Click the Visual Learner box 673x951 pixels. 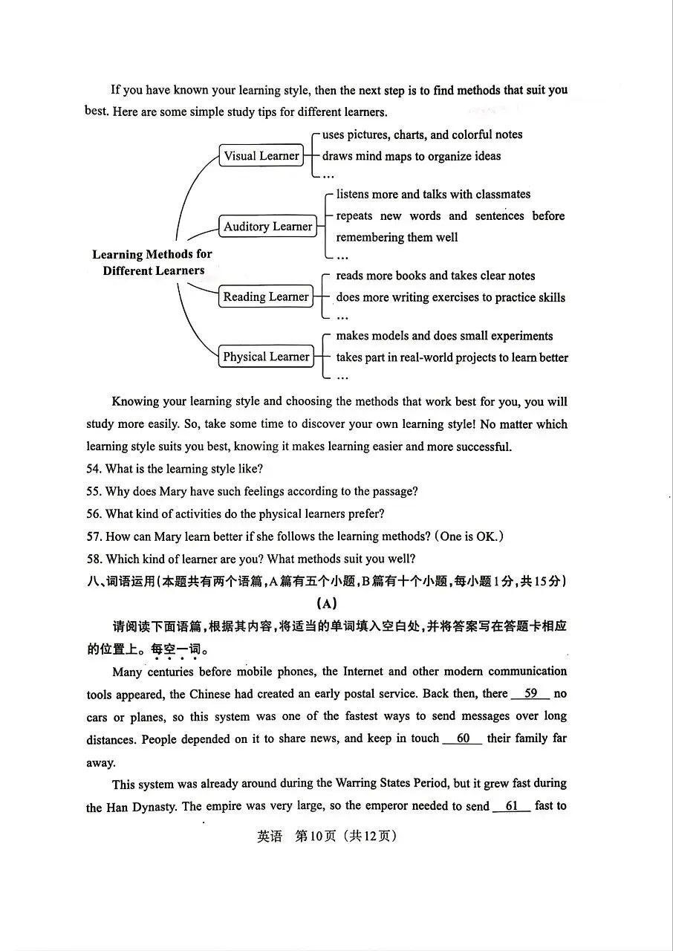[x=261, y=156]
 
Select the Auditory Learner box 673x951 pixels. [x=267, y=227]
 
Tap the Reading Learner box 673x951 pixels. [x=265, y=297]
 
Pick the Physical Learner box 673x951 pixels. [x=265, y=357]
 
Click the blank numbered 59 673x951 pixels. [x=530, y=694]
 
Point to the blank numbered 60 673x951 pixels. [x=463, y=739]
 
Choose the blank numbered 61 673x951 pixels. [x=511, y=806]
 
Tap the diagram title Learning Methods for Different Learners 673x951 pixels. [x=152, y=262]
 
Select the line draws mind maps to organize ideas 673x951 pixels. [x=411, y=156]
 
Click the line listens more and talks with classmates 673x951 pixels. [x=433, y=195]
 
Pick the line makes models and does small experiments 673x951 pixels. [x=444, y=336]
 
